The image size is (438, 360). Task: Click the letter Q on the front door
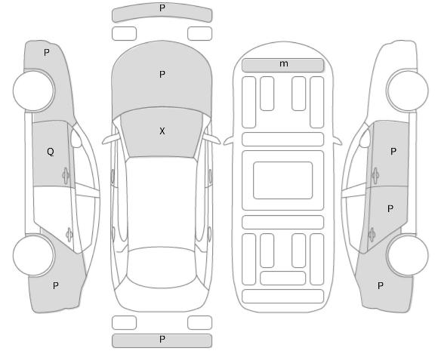point(51,152)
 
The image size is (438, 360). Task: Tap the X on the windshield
point(162,131)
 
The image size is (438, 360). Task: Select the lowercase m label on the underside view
point(284,64)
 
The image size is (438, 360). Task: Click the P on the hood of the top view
point(162,75)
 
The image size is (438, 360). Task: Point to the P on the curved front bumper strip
point(162,8)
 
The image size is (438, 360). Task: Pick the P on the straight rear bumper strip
point(162,340)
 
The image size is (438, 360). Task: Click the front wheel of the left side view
point(34,90)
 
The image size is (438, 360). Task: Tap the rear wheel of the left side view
point(34,255)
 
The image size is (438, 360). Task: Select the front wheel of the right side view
point(407,90)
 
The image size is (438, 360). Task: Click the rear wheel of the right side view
point(407,255)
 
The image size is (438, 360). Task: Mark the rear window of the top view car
point(162,267)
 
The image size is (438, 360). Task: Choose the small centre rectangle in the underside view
point(283,180)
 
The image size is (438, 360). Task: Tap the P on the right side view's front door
point(393,152)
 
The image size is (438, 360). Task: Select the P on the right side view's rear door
point(390,209)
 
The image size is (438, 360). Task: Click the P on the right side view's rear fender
point(380,286)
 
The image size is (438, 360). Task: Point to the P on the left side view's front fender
point(47,53)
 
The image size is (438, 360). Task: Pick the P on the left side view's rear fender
point(56,286)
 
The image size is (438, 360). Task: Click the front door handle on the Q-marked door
point(66,176)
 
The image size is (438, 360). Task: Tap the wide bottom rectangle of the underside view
point(283,297)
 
